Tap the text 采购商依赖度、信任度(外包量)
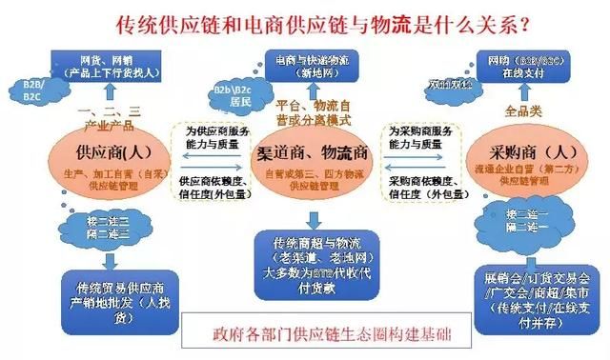(x=416, y=186)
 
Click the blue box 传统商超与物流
(x=304, y=259)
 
